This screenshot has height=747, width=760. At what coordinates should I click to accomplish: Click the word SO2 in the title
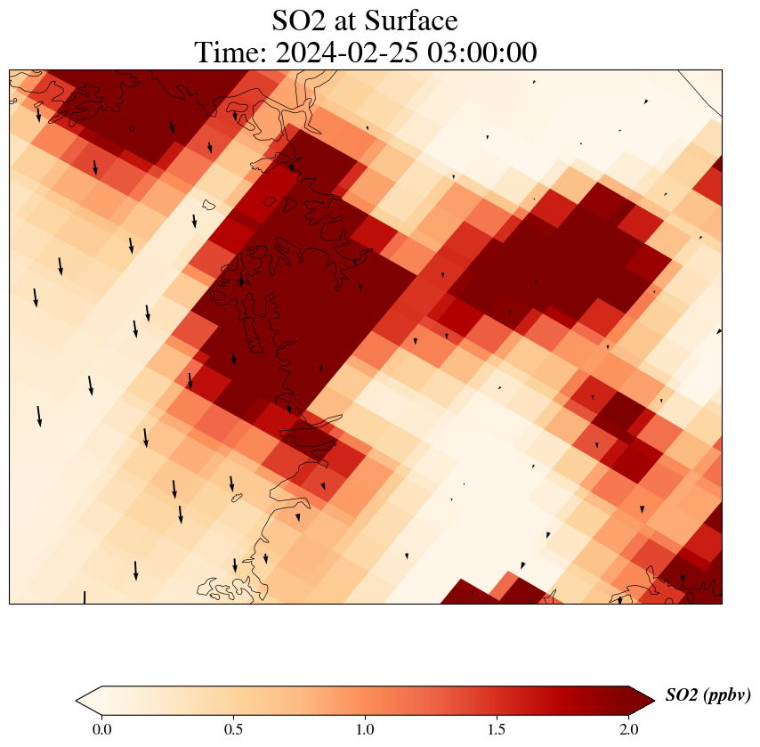click(303, 20)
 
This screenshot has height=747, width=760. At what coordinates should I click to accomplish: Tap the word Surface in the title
click(416, 20)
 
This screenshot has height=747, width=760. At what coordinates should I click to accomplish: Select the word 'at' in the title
click(353, 21)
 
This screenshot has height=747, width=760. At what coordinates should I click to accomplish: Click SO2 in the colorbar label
click(682, 696)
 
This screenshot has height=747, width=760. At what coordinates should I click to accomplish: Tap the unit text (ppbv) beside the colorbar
click(727, 696)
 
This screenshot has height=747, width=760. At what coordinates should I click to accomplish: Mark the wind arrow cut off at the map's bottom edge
click(85, 597)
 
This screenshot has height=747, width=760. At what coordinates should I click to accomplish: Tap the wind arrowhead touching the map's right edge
click(718, 331)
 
